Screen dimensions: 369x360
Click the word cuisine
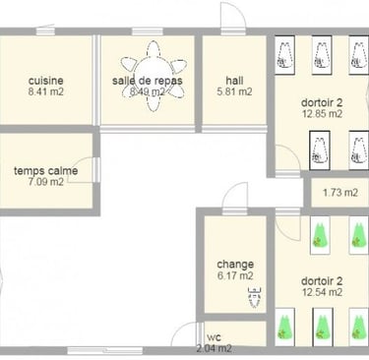[46, 81]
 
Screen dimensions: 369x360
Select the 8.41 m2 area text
[46, 91]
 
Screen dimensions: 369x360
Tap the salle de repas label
[148, 81]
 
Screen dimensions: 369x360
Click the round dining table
[154, 76]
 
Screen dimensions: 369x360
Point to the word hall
[234, 81]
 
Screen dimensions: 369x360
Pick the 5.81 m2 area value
[234, 91]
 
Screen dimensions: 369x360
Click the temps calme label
[46, 170]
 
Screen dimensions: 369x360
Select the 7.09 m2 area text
[46, 182]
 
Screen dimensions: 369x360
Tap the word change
[235, 265]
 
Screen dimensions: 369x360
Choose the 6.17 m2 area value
[235, 275]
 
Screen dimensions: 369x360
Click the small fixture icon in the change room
[255, 297]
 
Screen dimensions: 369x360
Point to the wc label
[215, 337]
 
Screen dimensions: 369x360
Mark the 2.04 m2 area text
[215, 348]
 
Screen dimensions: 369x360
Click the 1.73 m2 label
[340, 193]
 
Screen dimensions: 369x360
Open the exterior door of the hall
[233, 17]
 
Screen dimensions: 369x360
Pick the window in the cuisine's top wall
[45, 30]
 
